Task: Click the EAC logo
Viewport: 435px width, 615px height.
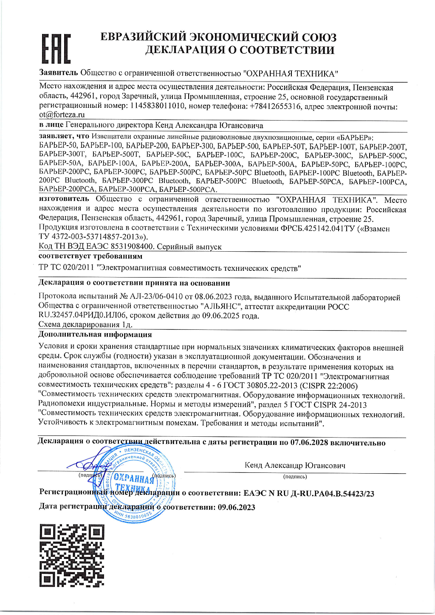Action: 56,48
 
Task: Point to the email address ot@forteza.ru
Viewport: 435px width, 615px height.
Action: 62,115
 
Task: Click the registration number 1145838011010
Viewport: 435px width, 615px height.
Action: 158,106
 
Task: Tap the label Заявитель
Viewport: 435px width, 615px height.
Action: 59,73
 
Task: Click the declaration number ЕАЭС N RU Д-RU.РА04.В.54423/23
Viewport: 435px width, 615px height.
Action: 309,493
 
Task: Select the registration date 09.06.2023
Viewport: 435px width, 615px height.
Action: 236,507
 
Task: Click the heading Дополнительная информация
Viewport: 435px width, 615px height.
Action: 95,334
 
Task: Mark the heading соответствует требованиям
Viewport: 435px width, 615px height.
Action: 90,256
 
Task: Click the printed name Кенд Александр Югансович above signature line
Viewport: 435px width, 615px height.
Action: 295,465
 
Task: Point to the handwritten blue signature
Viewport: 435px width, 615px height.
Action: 88,466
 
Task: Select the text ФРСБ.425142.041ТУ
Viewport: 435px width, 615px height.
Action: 317,228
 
